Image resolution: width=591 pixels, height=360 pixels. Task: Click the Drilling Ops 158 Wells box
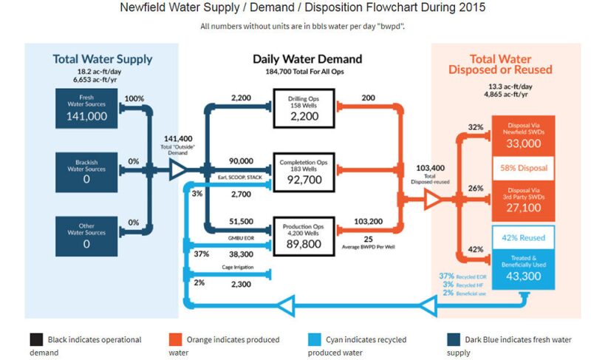click(x=305, y=109)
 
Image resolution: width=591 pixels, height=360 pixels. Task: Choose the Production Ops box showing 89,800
click(x=305, y=236)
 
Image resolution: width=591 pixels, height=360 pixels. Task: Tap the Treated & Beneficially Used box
click(x=522, y=268)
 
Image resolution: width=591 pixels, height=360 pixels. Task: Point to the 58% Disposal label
click(x=522, y=168)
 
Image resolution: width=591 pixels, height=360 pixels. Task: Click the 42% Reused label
click(x=522, y=237)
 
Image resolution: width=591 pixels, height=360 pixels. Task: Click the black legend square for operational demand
click(x=36, y=339)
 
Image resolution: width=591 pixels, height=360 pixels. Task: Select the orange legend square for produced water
click(x=175, y=339)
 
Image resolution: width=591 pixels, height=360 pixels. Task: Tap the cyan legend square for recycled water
click(x=315, y=339)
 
